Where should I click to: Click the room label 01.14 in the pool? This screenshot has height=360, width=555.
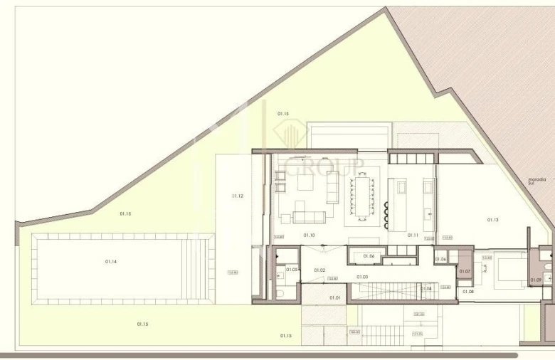111,262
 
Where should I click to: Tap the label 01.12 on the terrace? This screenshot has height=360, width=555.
238,196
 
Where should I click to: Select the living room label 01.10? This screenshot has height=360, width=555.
310,235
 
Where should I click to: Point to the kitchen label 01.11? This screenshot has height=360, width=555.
413,235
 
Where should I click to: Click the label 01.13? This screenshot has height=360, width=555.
492,220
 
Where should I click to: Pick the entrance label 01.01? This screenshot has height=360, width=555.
334,297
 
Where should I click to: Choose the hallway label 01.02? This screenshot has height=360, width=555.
319,270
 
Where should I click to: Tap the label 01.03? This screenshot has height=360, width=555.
362,277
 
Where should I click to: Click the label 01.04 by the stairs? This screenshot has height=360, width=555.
426,288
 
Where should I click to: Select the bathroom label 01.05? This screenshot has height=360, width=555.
292,270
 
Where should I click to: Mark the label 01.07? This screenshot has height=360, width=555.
465,272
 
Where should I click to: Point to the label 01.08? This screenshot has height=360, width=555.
468,292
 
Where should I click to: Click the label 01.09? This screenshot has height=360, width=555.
536,280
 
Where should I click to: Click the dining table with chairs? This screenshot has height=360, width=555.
361,196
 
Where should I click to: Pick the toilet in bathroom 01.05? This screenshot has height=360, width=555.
280,294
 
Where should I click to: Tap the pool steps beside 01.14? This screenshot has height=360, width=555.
197,268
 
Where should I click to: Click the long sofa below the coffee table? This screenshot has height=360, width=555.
310,217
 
